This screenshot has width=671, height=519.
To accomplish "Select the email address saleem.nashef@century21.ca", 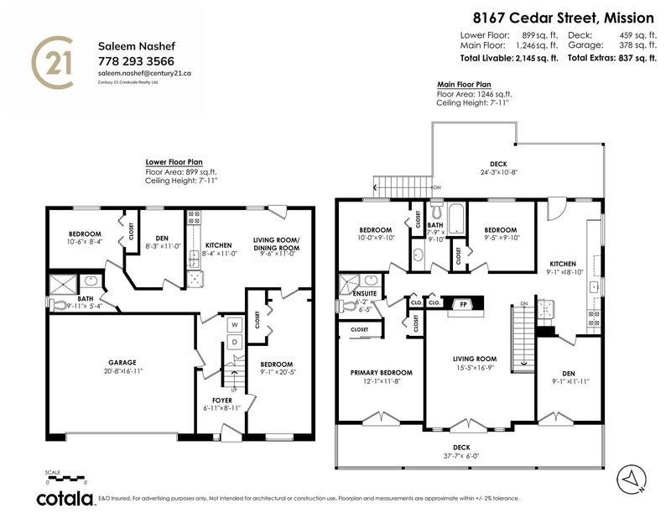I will point(144,73).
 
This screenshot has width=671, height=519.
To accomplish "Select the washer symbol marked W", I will point(235,323).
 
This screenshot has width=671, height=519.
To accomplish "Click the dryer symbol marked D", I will point(235,342).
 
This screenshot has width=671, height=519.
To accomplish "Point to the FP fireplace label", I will point(460,303).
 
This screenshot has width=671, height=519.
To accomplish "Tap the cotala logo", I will point(64,499).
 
